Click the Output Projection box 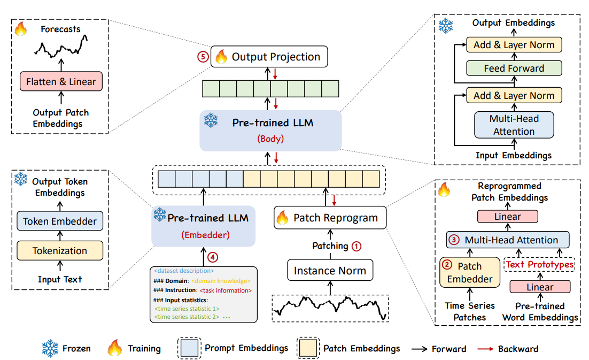click(268, 57)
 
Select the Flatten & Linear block click(60, 82)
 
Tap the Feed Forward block click(514, 68)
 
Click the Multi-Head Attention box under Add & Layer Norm click(514, 125)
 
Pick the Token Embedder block click(59, 221)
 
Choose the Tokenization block click(59, 250)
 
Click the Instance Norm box click(330, 271)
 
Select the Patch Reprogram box click(330, 218)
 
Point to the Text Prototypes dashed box click(539, 265)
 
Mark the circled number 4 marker click(213, 257)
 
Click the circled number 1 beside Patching click(356, 247)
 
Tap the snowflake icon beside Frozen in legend click(51, 349)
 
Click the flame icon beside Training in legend click(115, 349)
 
